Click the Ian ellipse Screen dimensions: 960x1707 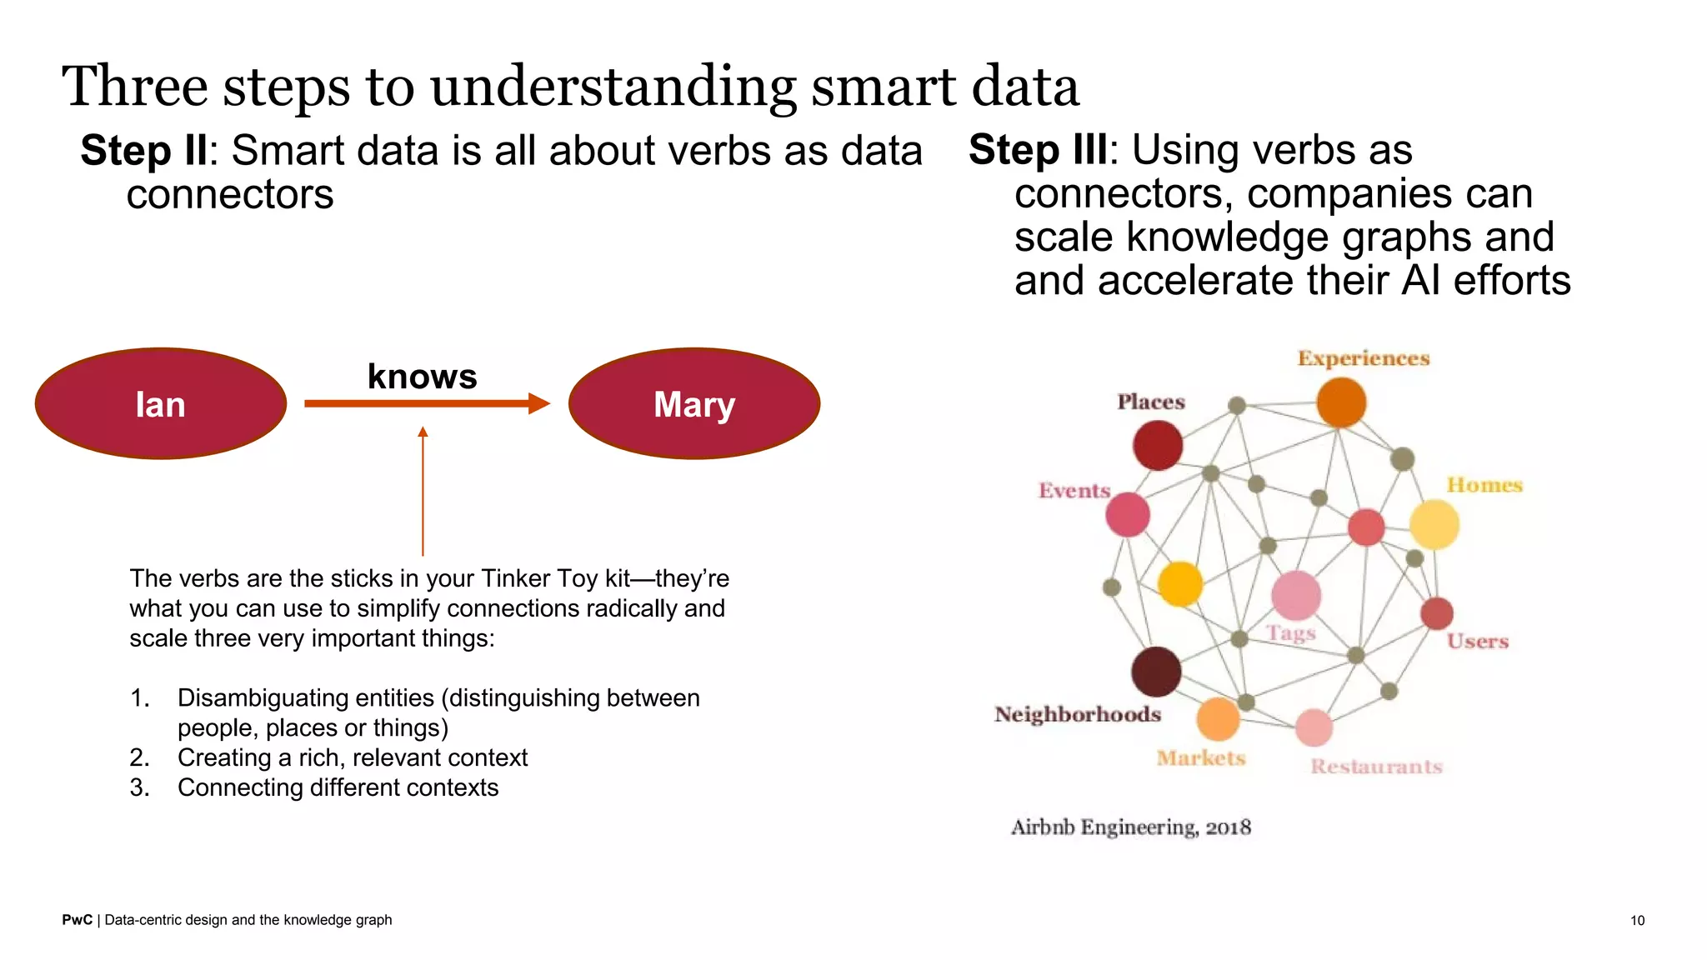pyautogui.click(x=161, y=403)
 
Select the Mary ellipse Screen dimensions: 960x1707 pyautogui.click(x=694, y=403)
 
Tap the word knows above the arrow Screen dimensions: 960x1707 pyautogui.click(x=422, y=377)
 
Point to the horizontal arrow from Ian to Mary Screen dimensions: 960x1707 pyautogui.click(x=425, y=404)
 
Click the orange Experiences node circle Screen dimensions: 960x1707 pyautogui.click(x=1341, y=402)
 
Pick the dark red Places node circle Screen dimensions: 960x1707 pyautogui.click(x=1158, y=445)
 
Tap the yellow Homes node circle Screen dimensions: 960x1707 pyautogui.click(x=1434, y=524)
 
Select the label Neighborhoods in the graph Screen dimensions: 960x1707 pyautogui.click(x=1077, y=714)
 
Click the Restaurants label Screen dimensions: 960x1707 pyautogui.click(x=1376, y=766)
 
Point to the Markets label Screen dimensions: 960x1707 pyautogui.click(x=1200, y=757)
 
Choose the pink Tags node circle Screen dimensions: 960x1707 pyautogui.click(x=1296, y=595)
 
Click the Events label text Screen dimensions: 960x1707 pyautogui.click(x=1074, y=490)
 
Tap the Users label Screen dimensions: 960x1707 pyautogui.click(x=1477, y=641)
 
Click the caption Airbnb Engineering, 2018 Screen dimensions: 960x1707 pyautogui.click(x=1131, y=827)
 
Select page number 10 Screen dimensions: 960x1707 pyautogui.click(x=1637, y=920)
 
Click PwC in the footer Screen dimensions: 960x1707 pyautogui.click(x=77, y=920)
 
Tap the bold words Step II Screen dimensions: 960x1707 pyautogui.click(x=143, y=151)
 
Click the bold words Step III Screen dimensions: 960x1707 pyautogui.click(x=1038, y=150)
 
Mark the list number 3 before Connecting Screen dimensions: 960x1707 pyautogui.click(x=139, y=787)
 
